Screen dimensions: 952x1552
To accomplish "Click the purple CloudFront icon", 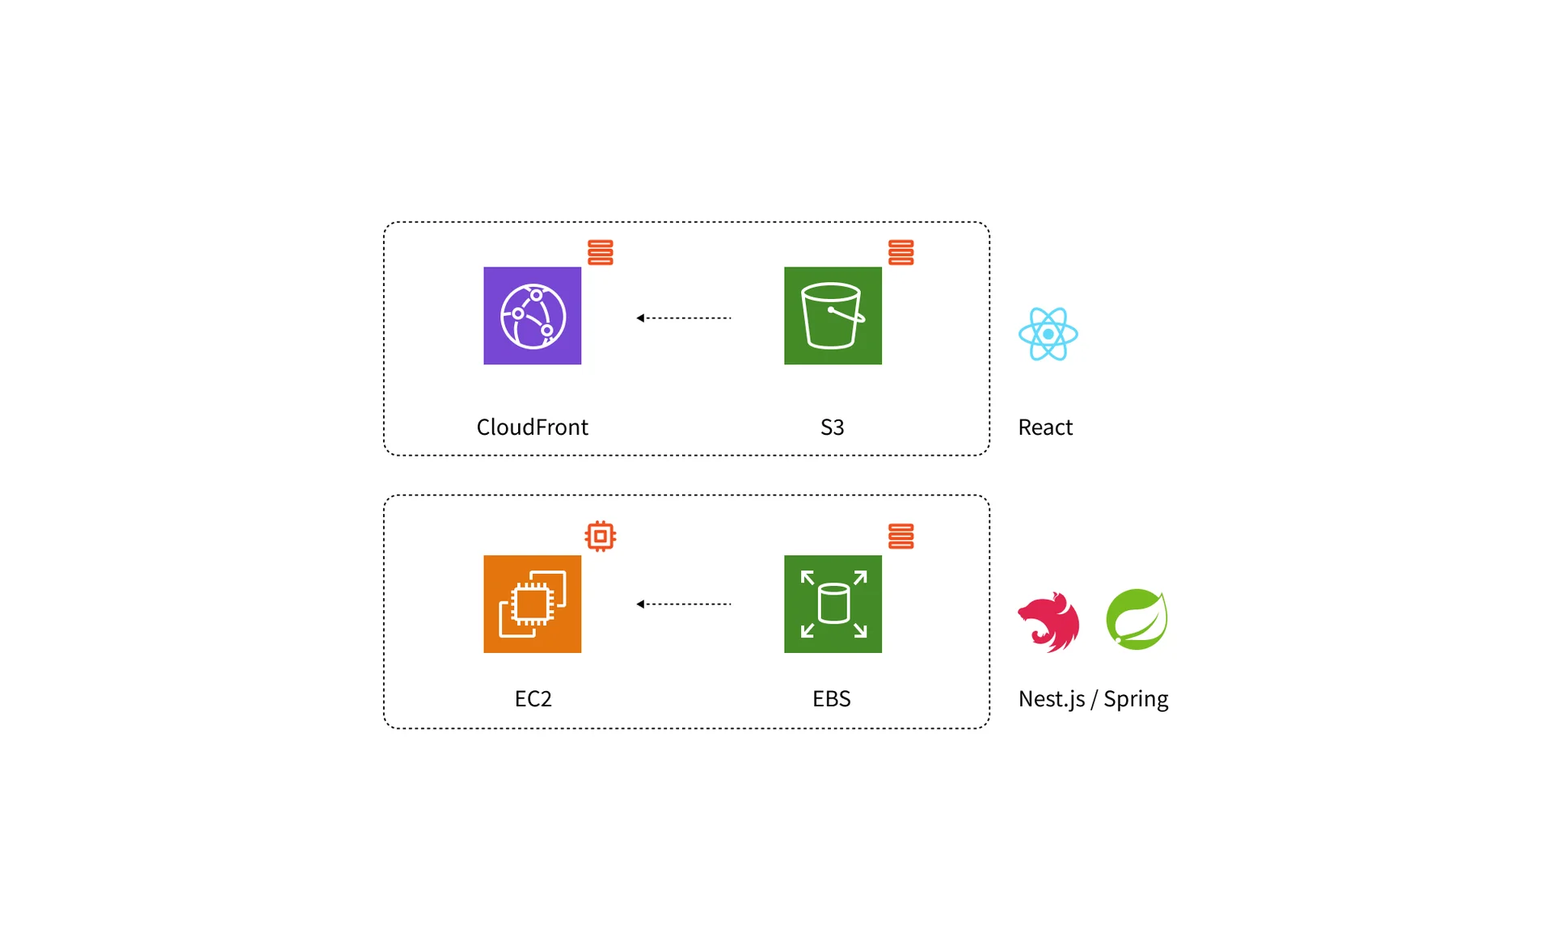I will click(x=532, y=315).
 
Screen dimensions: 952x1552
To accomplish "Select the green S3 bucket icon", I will click(x=833, y=315).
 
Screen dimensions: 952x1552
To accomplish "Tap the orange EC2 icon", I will click(x=532, y=604).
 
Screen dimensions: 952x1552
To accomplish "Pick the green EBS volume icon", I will click(x=833, y=604).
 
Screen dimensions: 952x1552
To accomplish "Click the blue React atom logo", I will click(x=1048, y=334).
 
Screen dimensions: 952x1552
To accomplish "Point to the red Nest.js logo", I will click(x=1048, y=621).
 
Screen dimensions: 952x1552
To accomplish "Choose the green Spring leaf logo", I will click(x=1137, y=619).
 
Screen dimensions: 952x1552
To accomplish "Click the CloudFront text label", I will click(x=532, y=427).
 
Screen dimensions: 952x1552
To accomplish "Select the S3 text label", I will click(x=832, y=427).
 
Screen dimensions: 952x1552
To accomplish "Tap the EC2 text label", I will click(x=533, y=698).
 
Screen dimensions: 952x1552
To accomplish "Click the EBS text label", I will click(x=831, y=698).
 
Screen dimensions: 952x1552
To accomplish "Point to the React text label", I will click(x=1045, y=427).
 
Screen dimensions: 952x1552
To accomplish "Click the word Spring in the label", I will click(x=1136, y=699).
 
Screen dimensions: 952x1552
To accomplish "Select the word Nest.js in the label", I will click(x=1051, y=699).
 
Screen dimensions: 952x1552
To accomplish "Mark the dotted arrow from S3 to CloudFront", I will click(x=683, y=318).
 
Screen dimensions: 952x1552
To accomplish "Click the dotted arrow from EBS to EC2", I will click(x=683, y=604).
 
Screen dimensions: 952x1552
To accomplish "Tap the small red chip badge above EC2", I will click(x=600, y=536).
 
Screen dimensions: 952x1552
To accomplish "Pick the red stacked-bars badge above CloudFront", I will click(x=600, y=252).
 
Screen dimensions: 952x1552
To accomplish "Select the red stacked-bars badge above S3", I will click(x=900, y=252).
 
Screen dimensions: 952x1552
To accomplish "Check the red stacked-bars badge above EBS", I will click(x=900, y=536).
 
